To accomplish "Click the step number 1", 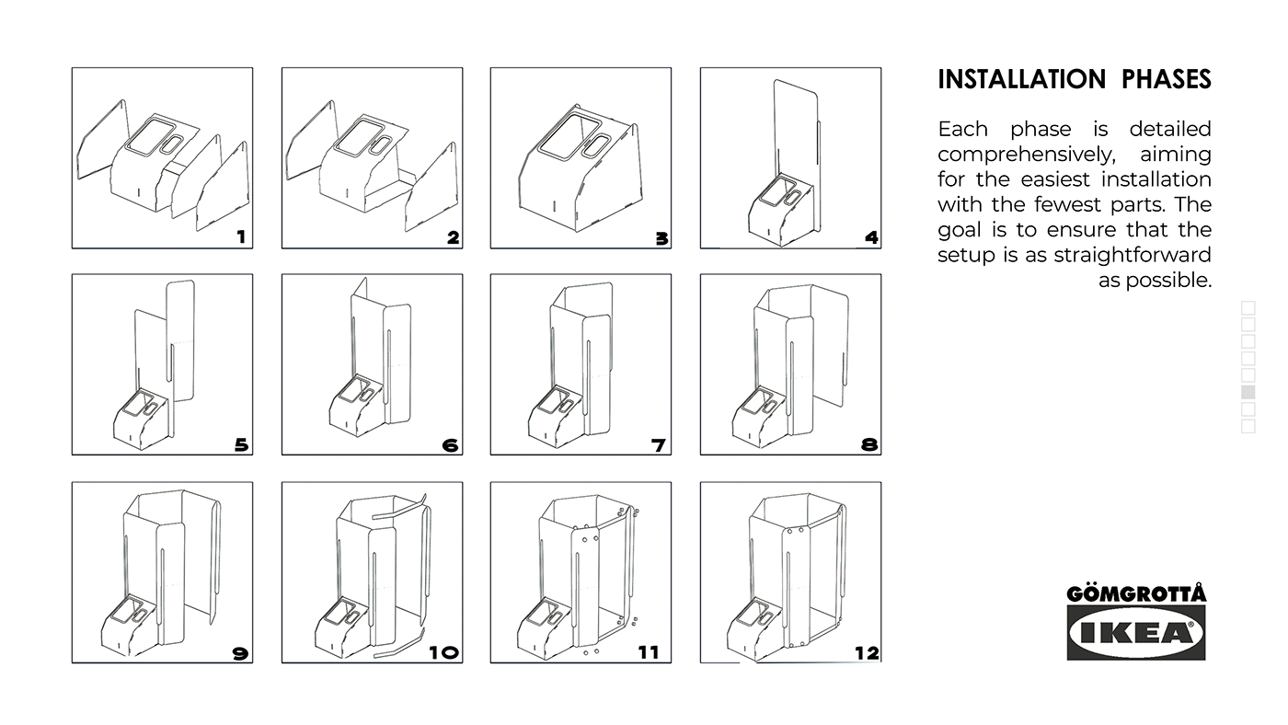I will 241,237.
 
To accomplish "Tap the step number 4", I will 871,237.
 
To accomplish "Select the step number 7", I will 659,445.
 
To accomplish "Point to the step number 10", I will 443,652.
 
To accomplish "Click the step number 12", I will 866,652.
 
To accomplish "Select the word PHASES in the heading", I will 1166,80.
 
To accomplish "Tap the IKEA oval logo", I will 1136,633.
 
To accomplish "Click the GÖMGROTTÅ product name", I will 1136,593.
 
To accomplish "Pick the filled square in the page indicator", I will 1248,393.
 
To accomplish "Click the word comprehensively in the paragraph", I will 1026,155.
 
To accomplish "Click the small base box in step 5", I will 143,419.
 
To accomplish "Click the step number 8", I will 868,445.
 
